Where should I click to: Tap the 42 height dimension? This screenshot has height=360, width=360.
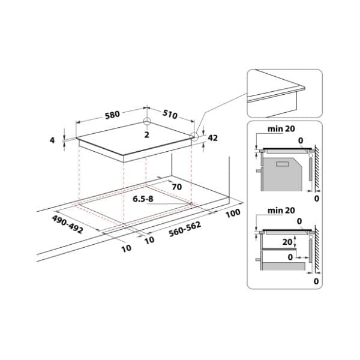tap(212, 137)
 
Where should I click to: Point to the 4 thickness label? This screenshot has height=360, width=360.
tap(52, 140)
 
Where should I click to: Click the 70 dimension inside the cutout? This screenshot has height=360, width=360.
tap(176, 187)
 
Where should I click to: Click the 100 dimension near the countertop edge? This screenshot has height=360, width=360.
tap(233, 212)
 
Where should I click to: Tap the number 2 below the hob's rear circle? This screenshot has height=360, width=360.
tap(146, 135)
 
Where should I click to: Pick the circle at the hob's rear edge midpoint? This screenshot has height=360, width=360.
tap(146, 121)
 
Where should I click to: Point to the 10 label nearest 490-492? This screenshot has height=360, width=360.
tap(126, 248)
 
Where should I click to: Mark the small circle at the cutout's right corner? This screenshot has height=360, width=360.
tap(191, 204)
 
